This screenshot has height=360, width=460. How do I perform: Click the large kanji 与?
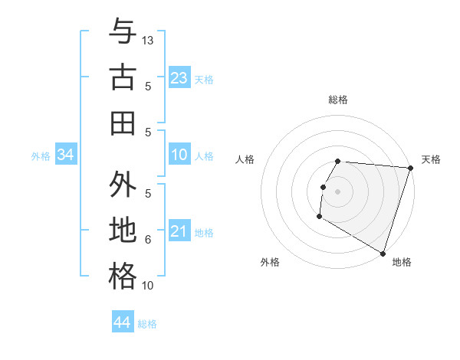click(x=123, y=31)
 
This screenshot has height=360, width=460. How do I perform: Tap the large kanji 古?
click(x=123, y=77)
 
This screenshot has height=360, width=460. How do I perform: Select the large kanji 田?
click(x=123, y=123)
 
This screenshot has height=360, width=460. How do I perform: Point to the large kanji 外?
click(x=123, y=185)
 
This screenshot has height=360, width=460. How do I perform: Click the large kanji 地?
click(x=123, y=231)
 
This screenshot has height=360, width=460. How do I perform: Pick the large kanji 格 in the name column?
click(x=123, y=276)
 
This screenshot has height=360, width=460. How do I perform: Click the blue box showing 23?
click(x=179, y=77)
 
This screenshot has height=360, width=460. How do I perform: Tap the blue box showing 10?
click(x=179, y=155)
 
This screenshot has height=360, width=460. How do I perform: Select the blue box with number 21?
click(x=179, y=231)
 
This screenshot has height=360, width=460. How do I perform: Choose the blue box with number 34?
click(x=66, y=155)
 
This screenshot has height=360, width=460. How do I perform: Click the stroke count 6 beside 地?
click(x=149, y=240)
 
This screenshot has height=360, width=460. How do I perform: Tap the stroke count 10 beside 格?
click(x=149, y=286)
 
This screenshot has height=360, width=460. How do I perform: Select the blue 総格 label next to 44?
click(x=147, y=324)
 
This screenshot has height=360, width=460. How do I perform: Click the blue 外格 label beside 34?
click(x=41, y=156)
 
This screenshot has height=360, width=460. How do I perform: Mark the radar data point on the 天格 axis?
click(x=410, y=168)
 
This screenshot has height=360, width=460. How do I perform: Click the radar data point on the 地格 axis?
click(x=381, y=252)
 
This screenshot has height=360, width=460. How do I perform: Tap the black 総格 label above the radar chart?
click(x=338, y=100)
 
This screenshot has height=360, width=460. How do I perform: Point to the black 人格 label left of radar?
click(x=245, y=159)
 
